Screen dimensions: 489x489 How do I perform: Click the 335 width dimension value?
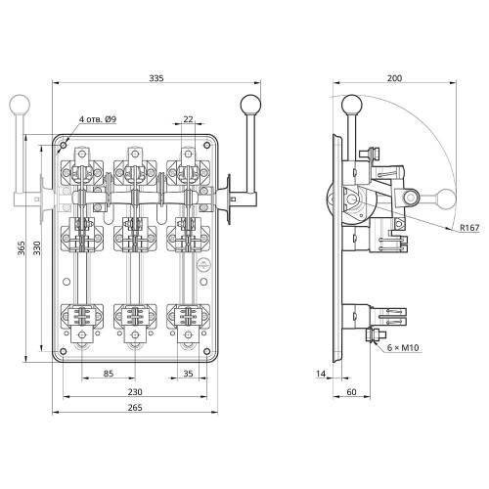pyautogui.click(x=156, y=78)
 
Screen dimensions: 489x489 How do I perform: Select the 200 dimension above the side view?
pyautogui.click(x=394, y=78)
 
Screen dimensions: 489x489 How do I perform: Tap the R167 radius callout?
pyautogui.click(x=469, y=227)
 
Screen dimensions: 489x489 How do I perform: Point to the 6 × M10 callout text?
pyautogui.click(x=403, y=347)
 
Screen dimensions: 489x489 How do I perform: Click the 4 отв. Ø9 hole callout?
pyautogui.click(x=98, y=119)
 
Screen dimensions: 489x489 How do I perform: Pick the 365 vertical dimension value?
pyautogui.click(x=22, y=248)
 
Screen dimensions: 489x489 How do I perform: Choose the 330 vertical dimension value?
pyautogui.click(x=37, y=248)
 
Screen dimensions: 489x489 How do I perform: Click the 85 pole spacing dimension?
pyautogui.click(x=109, y=374)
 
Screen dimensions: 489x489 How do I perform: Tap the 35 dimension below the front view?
pyautogui.click(x=188, y=374)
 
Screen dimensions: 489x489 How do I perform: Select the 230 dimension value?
pyautogui.click(x=135, y=391)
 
